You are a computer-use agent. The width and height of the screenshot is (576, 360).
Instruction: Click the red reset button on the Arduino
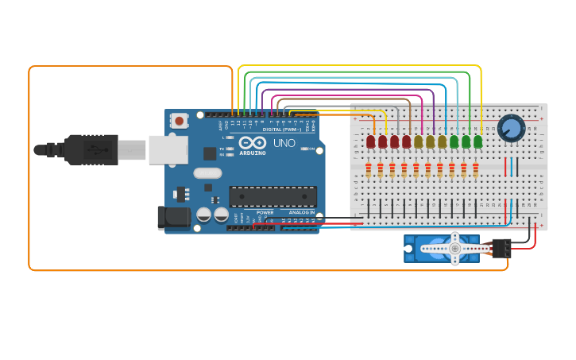(x=180, y=122)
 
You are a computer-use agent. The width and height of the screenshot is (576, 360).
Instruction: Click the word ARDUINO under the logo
(x=253, y=153)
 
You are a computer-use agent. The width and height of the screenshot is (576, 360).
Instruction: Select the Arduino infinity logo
(x=253, y=142)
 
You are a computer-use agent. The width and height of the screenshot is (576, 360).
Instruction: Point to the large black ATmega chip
(x=273, y=196)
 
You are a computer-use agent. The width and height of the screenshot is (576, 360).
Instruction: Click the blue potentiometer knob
(x=511, y=128)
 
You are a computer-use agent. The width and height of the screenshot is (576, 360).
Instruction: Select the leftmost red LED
(x=370, y=141)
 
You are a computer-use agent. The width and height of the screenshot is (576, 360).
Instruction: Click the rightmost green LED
(x=477, y=141)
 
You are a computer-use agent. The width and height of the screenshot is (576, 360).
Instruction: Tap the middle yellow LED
(x=430, y=141)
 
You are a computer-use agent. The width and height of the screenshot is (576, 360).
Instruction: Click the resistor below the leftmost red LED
(x=368, y=170)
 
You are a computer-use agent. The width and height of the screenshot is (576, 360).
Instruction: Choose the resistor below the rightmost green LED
(x=475, y=170)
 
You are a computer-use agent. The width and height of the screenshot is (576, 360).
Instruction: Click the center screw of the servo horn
(x=455, y=249)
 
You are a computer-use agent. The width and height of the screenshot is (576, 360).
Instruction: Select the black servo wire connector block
(x=501, y=248)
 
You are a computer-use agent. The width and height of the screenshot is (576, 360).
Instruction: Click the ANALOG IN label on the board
(x=301, y=212)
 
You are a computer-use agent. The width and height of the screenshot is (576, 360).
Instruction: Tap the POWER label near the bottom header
(x=265, y=212)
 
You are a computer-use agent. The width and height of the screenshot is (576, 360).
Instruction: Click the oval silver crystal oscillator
(x=207, y=173)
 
